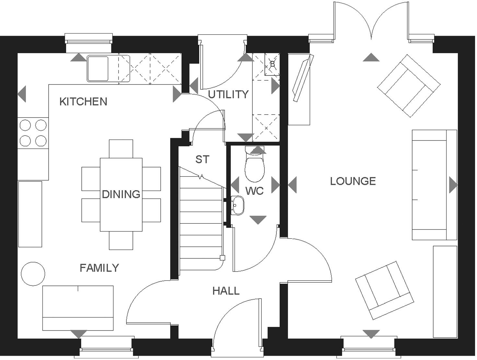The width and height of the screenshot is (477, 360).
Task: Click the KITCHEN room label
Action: pyautogui.click(x=83, y=102)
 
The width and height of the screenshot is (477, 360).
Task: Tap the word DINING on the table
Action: pyautogui.click(x=121, y=194)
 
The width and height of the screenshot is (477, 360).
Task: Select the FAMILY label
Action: pyautogui.click(x=99, y=268)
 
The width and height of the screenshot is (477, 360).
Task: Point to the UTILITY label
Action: pyautogui.click(x=228, y=95)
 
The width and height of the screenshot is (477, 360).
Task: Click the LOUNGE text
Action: pyautogui.click(x=353, y=181)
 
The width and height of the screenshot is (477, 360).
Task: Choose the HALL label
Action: pyautogui.click(x=226, y=291)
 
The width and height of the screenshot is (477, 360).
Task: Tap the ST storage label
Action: pyautogui.click(x=203, y=159)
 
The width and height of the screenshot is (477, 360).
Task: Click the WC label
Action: pyautogui.click(x=254, y=191)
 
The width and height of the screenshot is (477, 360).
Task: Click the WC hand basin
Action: pyautogui.click(x=238, y=205)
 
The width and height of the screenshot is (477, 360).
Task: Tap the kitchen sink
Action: pyautogui.click(x=98, y=68)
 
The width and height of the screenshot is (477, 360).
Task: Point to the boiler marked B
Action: pyautogui.click(x=272, y=64)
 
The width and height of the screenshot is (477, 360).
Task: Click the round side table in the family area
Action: pyautogui.click(x=33, y=274)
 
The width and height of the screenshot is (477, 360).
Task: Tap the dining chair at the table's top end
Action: pyautogui.click(x=121, y=149)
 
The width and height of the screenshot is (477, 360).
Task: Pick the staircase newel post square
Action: pyautogui.click(x=222, y=258)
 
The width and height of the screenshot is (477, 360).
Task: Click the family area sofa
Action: pyautogui.click(x=78, y=308)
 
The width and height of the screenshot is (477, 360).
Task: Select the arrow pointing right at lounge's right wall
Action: pyautogui.click(x=453, y=185)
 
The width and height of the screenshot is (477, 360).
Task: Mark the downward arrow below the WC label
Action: pyautogui.click(x=258, y=220)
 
